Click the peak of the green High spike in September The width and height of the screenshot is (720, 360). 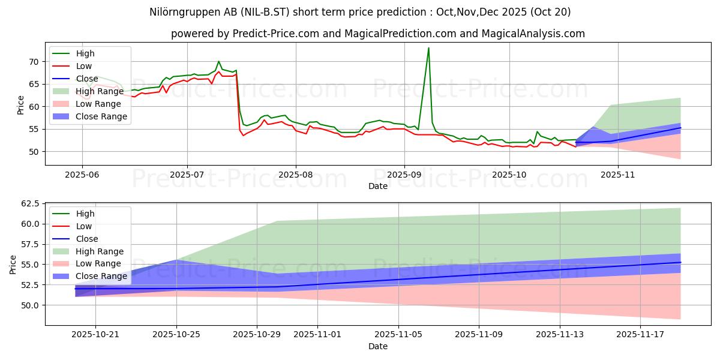428,48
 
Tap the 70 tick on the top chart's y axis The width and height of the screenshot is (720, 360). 35,62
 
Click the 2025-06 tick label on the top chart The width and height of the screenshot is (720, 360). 82,175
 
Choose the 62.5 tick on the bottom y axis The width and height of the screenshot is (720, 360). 30,204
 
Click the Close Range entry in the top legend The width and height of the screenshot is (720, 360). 101,116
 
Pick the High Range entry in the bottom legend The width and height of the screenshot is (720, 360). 100,251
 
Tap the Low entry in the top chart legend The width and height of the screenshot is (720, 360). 85,66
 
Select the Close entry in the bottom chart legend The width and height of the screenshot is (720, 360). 87,239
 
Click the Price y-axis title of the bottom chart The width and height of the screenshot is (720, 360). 13,263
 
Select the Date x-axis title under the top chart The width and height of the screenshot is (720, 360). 377,186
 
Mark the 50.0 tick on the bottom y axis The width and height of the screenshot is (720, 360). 30,305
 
